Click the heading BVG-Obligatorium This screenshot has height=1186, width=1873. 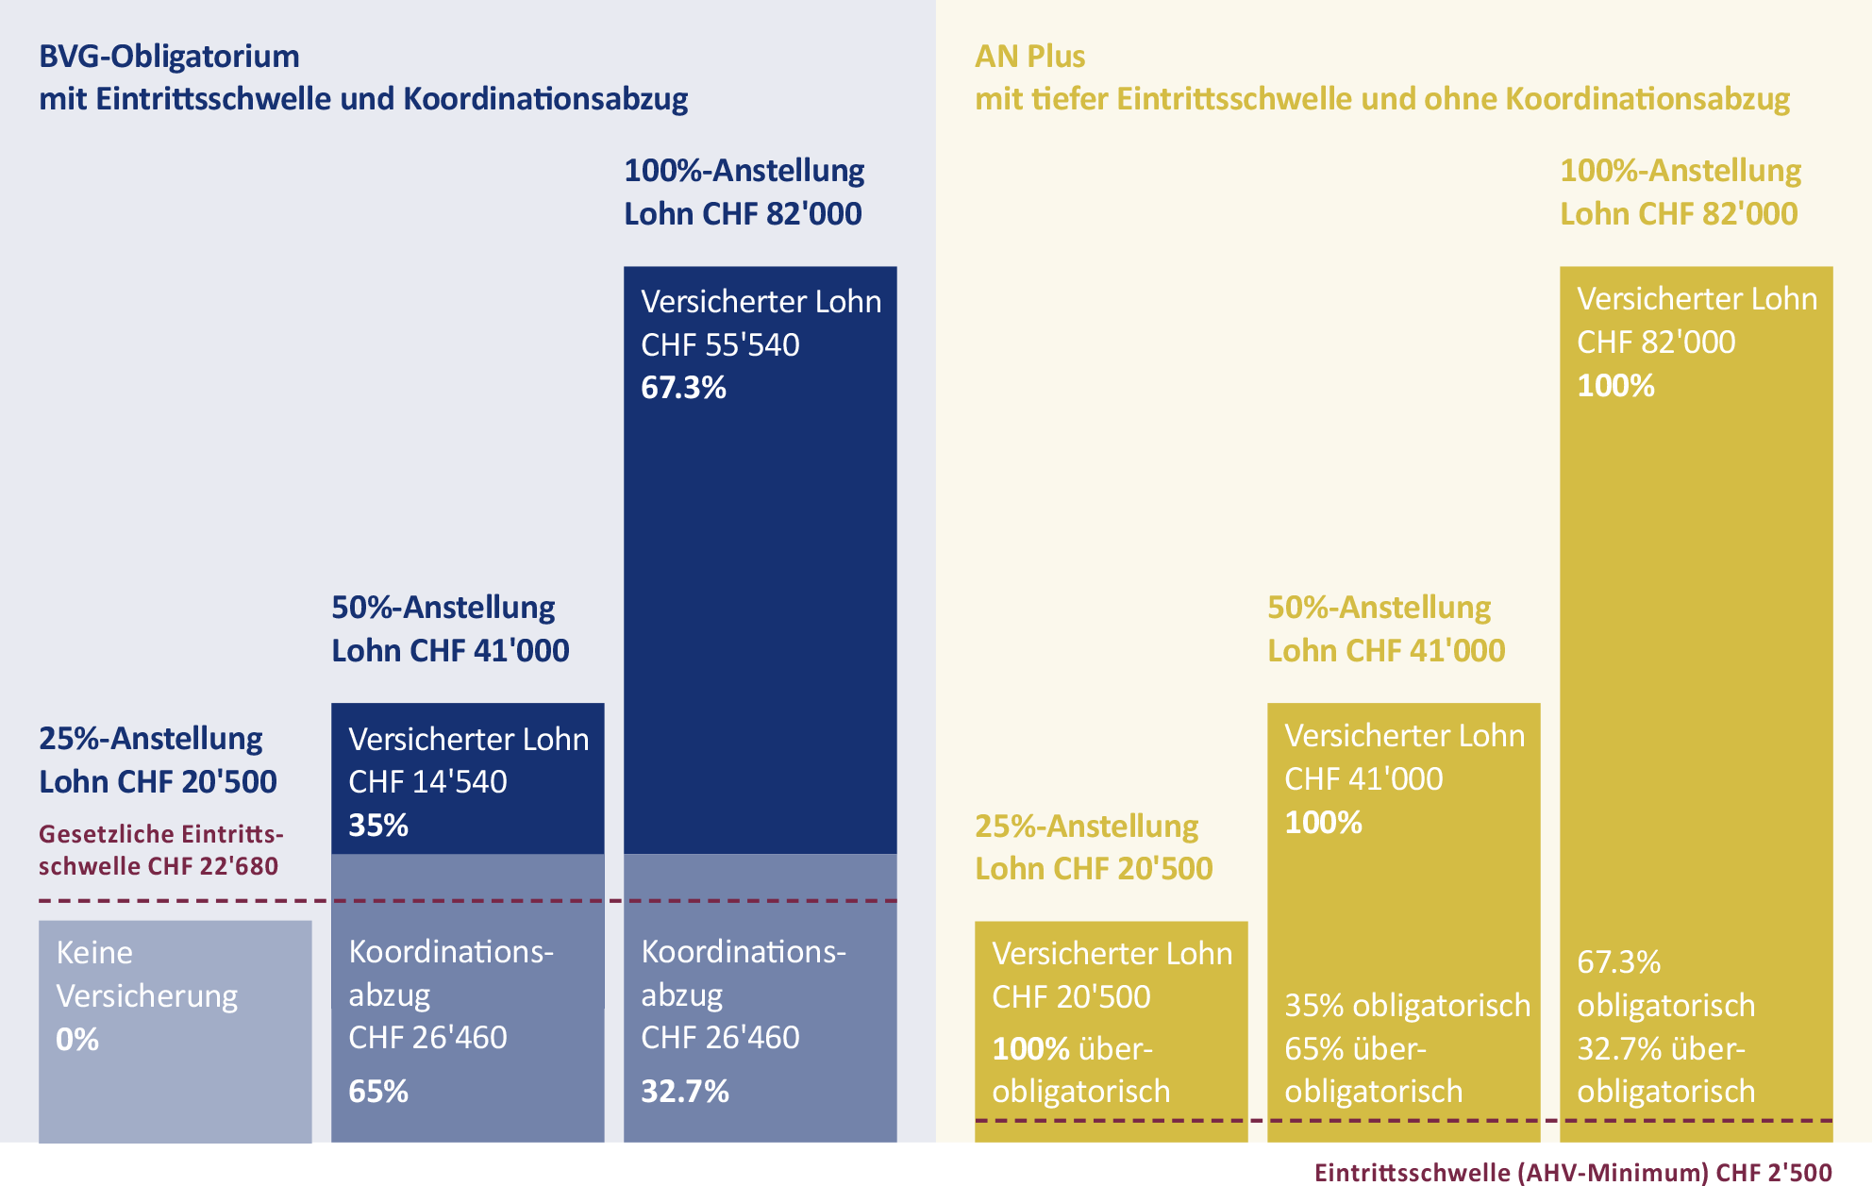[169, 57]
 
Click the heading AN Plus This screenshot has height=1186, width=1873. [1029, 57]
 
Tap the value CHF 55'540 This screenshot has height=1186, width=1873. [720, 344]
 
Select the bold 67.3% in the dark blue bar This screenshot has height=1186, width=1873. [683, 388]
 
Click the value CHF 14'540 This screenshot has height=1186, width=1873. [427, 781]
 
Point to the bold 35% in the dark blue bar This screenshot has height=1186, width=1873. [378, 826]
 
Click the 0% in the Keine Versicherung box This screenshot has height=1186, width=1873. [77, 1040]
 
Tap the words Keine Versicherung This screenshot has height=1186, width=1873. [146, 974]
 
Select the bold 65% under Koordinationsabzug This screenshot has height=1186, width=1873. [378, 1092]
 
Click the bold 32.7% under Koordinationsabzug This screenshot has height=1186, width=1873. [685, 1092]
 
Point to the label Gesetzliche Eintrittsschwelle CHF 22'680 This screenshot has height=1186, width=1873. [159, 850]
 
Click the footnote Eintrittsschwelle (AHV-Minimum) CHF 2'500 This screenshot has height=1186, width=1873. [1573, 1172]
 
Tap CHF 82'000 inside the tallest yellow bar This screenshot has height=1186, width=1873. [1656, 342]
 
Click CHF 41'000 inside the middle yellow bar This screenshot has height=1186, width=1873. [1363, 778]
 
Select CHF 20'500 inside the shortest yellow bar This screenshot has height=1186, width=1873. [1071, 996]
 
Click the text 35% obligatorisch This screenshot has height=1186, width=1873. [1407, 1006]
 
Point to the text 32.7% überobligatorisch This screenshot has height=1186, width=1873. [1664, 1070]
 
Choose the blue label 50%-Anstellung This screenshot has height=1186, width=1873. [443, 607]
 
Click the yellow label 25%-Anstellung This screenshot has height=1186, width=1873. [1086, 826]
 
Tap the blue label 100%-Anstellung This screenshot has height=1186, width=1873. [744, 171]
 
